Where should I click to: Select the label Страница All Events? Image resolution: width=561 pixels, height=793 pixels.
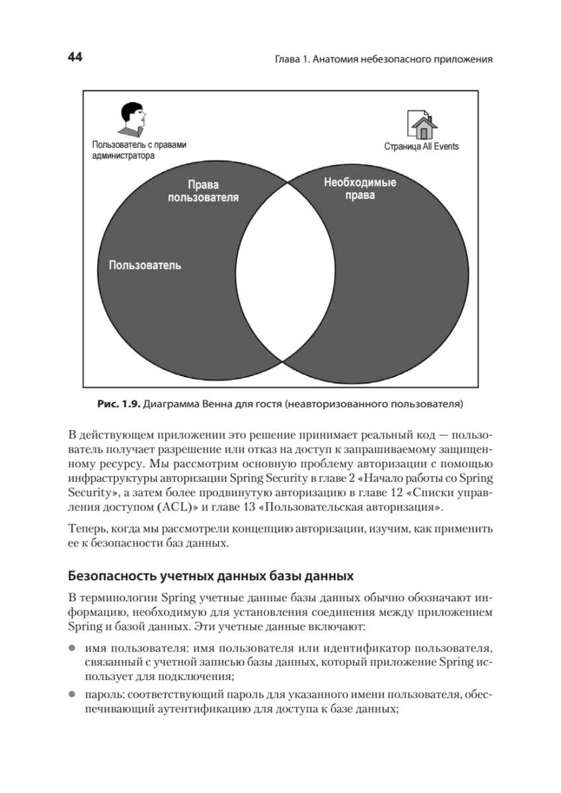coord(421,146)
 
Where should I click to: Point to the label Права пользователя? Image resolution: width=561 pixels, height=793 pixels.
coord(203,191)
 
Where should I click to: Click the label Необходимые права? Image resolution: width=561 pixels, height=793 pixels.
coord(359,189)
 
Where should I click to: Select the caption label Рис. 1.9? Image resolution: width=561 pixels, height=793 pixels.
coord(120,402)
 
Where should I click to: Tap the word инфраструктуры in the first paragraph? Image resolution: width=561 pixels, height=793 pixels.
coord(109,477)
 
